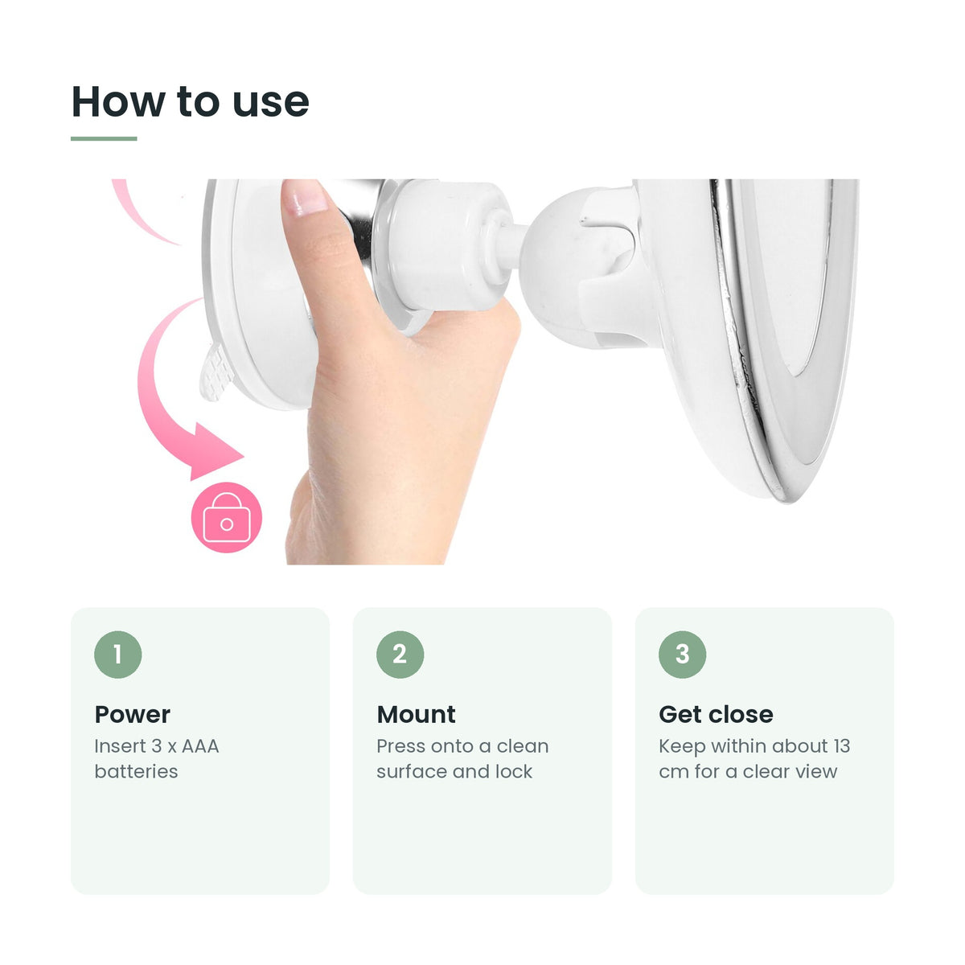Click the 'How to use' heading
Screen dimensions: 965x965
coord(191,101)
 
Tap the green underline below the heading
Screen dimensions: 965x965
coord(104,138)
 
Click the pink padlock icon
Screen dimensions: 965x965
coord(226,517)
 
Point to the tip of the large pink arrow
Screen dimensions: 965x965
coord(244,456)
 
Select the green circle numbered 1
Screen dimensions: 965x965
coord(117,655)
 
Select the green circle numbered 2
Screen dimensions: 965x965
coord(400,655)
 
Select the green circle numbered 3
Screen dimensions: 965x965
coord(682,655)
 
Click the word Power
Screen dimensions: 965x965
coord(132,715)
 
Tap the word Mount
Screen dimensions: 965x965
coord(416,715)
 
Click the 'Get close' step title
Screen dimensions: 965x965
coord(717,715)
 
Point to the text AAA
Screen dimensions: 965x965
coord(200,746)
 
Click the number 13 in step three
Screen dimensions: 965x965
coord(842,746)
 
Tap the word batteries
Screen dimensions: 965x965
coord(136,772)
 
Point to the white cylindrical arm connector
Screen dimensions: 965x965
coord(446,245)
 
